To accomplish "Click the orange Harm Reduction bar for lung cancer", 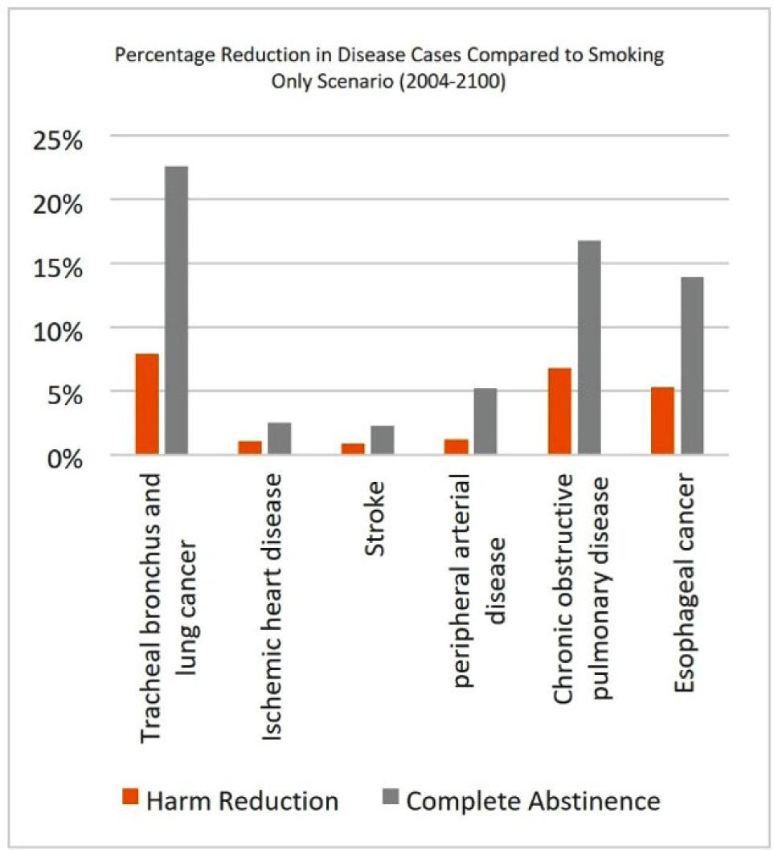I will tap(147, 404).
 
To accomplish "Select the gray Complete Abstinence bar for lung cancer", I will tap(176, 311).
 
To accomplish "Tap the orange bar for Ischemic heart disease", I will tap(250, 447).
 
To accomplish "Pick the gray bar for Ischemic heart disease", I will tap(279, 439).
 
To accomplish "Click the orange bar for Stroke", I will tap(353, 448).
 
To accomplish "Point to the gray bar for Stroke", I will tap(382, 440).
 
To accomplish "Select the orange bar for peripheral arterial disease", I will tap(456, 447).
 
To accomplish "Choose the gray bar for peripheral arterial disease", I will tap(485, 422).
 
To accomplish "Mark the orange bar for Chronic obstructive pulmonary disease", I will tap(559, 411).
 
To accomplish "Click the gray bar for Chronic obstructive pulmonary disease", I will tap(588, 348).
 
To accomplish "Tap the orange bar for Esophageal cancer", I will tap(662, 421).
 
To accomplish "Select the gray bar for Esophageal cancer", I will tap(691, 366).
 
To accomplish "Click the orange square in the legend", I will tap(131, 799).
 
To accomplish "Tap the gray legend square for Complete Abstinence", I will tap(391, 799).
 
